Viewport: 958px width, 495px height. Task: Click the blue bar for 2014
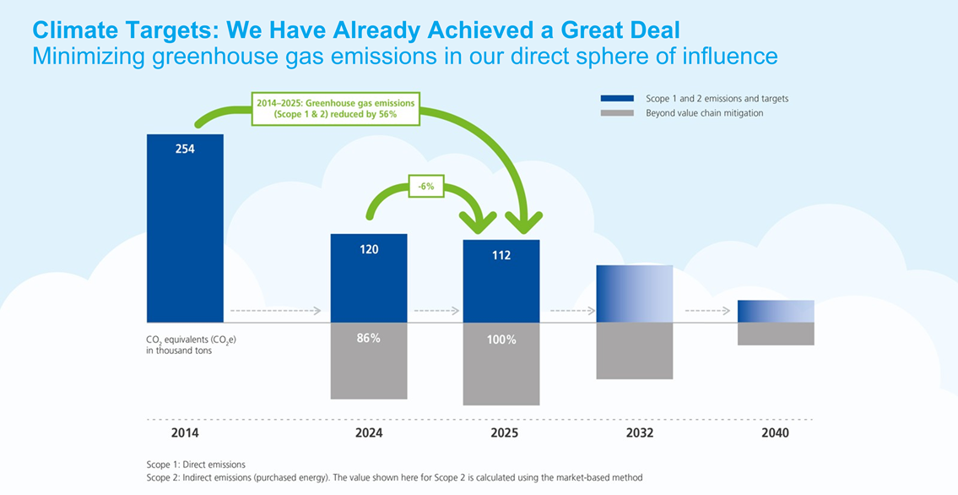tap(185, 237)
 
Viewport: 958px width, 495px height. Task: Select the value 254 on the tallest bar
tap(185, 150)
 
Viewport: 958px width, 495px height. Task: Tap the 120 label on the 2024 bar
tap(369, 249)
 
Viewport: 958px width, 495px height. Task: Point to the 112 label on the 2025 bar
tap(501, 255)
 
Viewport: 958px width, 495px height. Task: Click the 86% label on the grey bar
tap(369, 338)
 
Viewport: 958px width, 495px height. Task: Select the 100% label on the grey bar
tap(501, 340)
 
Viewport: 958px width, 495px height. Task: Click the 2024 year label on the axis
tap(369, 433)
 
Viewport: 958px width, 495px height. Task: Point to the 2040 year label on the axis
tap(775, 433)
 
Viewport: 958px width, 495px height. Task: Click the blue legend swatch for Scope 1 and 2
tap(617, 99)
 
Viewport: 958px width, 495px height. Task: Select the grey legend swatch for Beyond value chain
tap(617, 113)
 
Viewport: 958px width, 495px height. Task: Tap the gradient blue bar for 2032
tap(635, 294)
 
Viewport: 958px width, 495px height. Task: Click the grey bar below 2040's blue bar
tap(776, 334)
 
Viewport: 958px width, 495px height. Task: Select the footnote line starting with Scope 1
tap(196, 465)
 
